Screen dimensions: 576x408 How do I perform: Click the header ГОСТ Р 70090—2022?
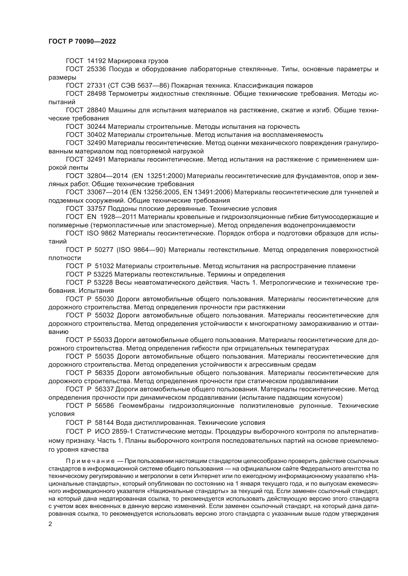point(82,42)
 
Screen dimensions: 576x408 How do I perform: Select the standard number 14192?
point(97,61)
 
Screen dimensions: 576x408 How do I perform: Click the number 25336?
point(97,69)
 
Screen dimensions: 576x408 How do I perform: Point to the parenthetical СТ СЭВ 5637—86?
point(138,86)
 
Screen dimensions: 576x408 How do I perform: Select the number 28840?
point(97,110)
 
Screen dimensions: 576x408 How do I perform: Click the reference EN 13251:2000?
point(158,176)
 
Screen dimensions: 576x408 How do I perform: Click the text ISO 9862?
point(102,233)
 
